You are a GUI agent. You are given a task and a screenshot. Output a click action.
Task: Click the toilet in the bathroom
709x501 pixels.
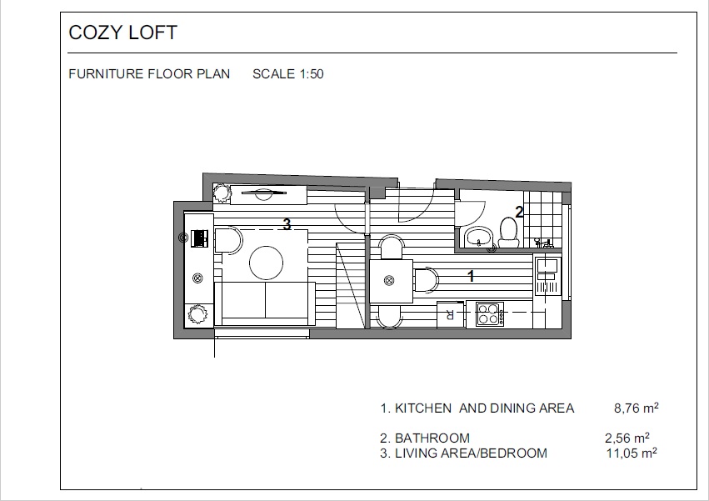509,233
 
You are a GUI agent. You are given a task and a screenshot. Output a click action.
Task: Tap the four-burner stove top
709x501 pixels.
490,313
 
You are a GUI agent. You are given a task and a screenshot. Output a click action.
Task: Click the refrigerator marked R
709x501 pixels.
451,314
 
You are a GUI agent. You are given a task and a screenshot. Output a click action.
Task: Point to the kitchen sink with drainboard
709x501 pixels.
547,276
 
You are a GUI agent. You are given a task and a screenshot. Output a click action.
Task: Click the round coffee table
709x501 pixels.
267,263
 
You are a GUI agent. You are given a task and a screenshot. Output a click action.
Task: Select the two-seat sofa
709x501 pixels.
264,303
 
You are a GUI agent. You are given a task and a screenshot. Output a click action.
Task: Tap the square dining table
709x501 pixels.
391,281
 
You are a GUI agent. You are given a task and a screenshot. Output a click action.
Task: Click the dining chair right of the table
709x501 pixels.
427,280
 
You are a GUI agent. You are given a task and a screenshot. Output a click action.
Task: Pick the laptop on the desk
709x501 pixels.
199,238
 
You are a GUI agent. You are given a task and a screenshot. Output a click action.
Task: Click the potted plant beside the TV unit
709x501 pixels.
222,193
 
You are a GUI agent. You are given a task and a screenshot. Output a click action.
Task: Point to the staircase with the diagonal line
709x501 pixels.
351,284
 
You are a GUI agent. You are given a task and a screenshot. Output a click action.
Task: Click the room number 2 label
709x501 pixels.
519,212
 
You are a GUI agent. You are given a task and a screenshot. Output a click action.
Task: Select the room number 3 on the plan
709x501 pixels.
287,223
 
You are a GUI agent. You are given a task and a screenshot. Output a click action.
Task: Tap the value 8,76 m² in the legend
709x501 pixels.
637,408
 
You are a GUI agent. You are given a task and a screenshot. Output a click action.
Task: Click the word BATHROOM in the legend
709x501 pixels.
432,438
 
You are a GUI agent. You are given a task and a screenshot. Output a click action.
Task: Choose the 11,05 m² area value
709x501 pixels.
632,453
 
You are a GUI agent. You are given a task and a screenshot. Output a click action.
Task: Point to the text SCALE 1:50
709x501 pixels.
288,73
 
